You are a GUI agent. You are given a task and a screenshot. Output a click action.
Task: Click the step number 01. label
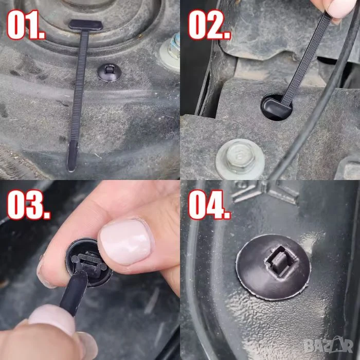click(26, 25)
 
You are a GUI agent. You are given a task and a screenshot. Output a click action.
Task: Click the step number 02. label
click(209, 25)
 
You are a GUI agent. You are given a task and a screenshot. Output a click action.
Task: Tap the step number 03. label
click(28, 205)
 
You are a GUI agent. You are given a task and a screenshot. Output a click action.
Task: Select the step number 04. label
click(209, 205)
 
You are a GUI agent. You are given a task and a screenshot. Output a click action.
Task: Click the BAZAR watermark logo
click(328, 345)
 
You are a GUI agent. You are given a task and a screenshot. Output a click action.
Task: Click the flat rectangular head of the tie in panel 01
click(86, 25)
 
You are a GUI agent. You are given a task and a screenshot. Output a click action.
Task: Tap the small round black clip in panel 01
click(109, 73)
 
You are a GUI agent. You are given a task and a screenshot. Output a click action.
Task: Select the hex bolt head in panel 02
click(240, 156)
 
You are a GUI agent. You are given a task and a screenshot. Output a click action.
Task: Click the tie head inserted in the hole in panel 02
click(273, 106)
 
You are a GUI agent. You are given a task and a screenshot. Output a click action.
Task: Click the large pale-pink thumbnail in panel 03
click(125, 242)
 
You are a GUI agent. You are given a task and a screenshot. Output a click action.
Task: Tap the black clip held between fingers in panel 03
click(89, 263)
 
